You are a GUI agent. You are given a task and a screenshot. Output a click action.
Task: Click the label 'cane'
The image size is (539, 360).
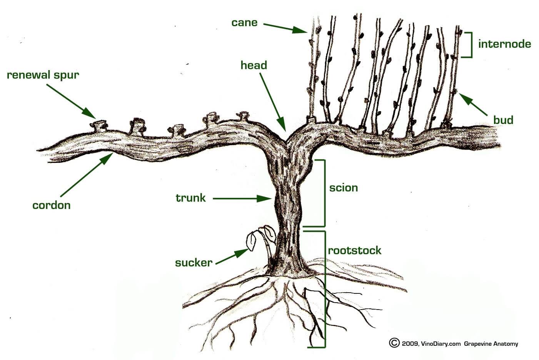[244, 23]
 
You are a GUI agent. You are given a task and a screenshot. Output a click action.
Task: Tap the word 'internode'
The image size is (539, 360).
[505, 44]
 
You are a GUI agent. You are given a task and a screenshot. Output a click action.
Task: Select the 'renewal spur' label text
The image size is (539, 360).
[43, 75]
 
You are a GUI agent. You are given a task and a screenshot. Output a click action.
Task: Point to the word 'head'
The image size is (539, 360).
[254, 65]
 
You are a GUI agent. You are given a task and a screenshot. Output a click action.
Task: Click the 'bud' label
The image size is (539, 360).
[503, 120]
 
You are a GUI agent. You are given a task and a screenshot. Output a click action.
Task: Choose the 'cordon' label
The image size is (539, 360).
[52, 205]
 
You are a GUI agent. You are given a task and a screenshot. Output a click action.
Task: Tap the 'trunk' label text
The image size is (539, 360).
[190, 198]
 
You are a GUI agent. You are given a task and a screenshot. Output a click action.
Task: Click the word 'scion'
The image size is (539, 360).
[344, 188]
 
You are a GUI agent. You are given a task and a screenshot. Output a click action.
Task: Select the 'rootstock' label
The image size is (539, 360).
[355, 250]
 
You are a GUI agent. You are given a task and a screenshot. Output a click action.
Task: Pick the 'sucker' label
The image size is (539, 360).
[194, 263]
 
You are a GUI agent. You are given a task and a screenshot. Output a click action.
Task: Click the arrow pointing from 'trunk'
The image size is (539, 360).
[242, 199]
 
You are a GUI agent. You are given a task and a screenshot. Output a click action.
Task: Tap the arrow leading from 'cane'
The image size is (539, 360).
[285, 28]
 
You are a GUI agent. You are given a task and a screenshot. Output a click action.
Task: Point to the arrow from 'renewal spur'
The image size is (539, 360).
[71, 101]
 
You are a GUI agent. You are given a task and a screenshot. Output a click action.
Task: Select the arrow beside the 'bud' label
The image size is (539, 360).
[473, 104]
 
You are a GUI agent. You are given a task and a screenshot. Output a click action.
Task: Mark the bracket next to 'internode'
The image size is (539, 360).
[467, 45]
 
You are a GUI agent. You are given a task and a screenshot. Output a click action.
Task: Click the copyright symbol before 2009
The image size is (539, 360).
[394, 343]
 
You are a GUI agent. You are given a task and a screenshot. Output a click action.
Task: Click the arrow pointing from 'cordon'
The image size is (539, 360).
[87, 175]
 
